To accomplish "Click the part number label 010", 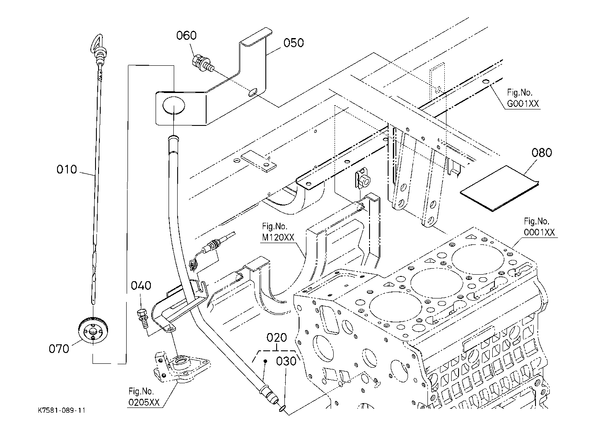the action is tap(67, 170).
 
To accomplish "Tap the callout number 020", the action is tap(277, 338).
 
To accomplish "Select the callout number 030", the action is tap(286, 361).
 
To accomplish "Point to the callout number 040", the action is tap(141, 285).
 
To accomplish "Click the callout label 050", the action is tap(293, 43).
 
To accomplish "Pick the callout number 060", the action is tap(187, 35).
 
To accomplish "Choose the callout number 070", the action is tap(59, 349).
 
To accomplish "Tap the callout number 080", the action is tap(542, 153).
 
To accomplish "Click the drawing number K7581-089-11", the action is tap(61, 411).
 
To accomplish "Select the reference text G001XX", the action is tap(523, 103).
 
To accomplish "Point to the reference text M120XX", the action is tap(278, 237).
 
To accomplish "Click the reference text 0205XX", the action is tap(144, 402).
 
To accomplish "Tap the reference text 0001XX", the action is tap(539, 232).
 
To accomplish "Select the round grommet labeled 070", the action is tap(93, 330).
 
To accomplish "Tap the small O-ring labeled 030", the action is tap(283, 408).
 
